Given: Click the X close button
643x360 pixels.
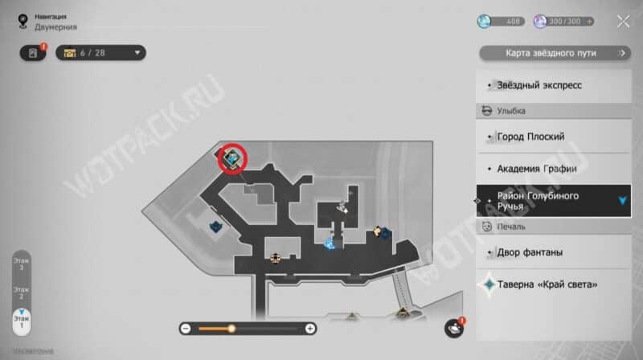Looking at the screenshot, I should [623, 22].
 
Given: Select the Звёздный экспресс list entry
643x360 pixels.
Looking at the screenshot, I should [539, 84].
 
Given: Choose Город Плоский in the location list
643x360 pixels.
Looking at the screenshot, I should [530, 137].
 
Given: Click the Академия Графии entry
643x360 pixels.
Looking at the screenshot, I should [536, 169].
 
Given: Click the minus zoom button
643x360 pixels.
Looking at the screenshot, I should [186, 328].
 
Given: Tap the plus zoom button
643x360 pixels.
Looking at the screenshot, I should [310, 328].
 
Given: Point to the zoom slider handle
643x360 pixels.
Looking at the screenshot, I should [231, 328].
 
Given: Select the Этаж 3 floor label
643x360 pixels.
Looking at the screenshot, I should [21, 264].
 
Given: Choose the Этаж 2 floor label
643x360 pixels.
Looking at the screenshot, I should [21, 292].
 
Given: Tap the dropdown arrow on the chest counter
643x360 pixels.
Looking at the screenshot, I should [137, 53].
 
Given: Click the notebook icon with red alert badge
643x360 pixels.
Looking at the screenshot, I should [33, 53].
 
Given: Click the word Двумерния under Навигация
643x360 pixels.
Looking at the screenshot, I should [51, 27].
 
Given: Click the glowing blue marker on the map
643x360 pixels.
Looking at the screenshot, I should [329, 241].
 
